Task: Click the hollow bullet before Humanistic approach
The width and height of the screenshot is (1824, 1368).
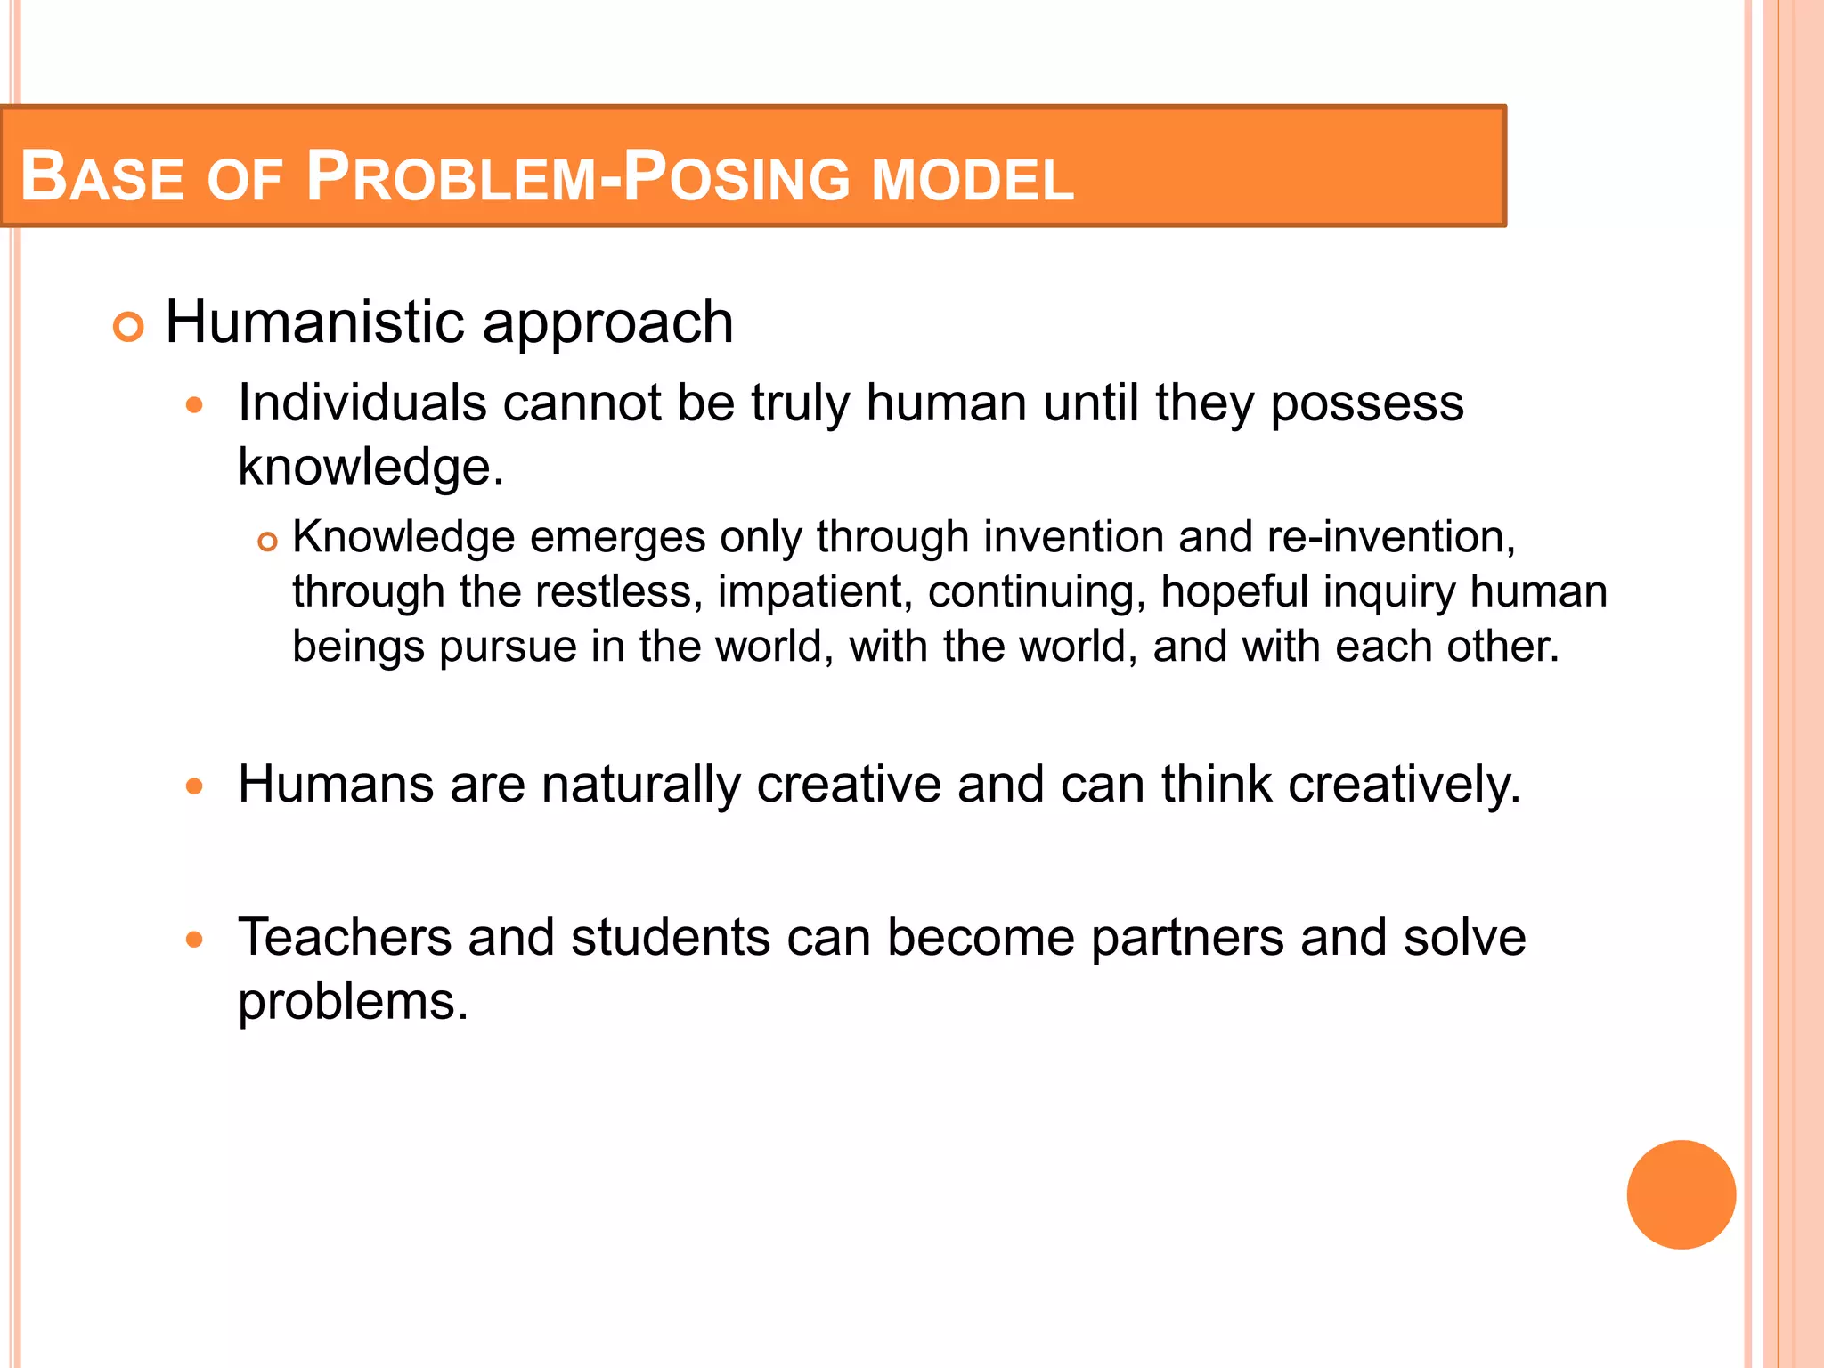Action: click(129, 328)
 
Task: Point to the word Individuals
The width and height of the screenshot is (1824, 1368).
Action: click(362, 403)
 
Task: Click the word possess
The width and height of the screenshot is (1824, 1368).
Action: click(1366, 404)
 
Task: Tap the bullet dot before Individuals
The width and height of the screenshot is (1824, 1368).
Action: click(195, 406)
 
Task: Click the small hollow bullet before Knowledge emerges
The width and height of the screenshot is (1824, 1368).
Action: click(267, 541)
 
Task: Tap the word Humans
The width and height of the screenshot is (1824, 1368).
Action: click(337, 785)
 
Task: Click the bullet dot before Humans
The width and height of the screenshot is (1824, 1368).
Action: click(195, 786)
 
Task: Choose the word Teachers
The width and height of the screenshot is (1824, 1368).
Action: click(345, 937)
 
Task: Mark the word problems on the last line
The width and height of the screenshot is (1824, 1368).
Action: click(353, 1002)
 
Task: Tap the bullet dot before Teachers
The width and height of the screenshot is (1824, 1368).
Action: click(195, 940)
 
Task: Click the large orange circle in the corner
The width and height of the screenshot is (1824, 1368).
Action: click(1681, 1194)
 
